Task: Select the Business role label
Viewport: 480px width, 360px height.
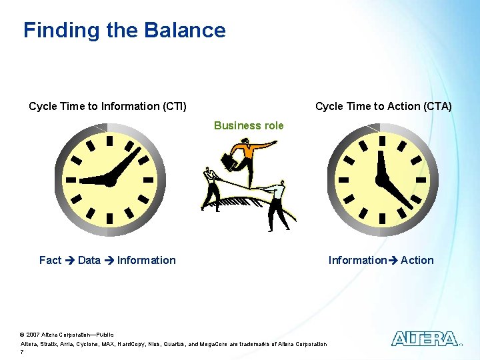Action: [249, 125]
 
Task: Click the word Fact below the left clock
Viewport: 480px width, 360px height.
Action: [50, 260]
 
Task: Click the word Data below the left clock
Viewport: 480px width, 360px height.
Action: [89, 260]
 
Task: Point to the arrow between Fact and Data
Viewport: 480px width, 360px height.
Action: [69, 261]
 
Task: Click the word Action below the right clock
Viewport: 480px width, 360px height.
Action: [417, 260]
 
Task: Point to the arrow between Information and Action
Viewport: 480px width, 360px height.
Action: [393, 261]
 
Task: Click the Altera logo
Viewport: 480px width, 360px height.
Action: [424, 339]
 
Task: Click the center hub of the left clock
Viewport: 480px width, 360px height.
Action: [109, 179]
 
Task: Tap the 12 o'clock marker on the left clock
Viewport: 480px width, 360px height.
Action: [109, 140]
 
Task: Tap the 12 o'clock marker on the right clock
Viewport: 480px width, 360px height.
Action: [382, 140]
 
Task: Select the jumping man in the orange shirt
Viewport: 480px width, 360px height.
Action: [250, 157]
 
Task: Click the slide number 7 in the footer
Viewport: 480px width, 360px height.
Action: [22, 352]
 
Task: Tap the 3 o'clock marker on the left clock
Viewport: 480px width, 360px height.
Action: [149, 179]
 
